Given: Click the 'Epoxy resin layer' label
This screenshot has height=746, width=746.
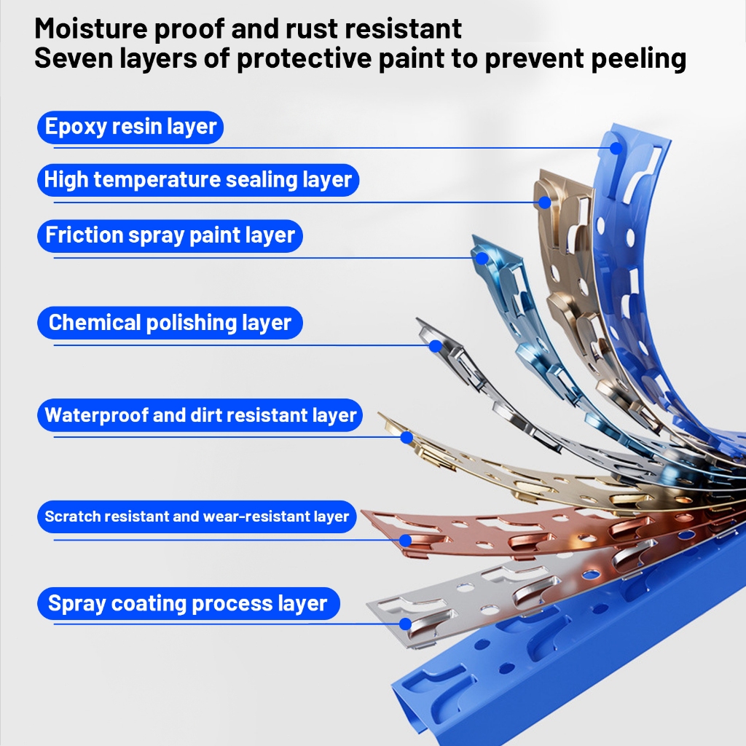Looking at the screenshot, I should (130, 127).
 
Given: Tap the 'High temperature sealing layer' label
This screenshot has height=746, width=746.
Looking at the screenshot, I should (198, 179).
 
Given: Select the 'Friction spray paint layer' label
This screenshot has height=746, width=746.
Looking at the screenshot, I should (170, 235).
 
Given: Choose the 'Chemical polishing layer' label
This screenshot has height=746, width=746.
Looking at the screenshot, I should (170, 323).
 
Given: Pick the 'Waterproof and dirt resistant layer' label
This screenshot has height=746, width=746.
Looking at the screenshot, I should (200, 415).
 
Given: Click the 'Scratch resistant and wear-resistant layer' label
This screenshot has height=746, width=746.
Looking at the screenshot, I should (197, 517).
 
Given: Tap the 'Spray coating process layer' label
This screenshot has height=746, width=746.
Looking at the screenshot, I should (188, 604).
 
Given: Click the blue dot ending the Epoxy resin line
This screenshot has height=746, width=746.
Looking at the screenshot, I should (616, 148).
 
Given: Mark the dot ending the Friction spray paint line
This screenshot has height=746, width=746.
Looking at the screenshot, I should (482, 257).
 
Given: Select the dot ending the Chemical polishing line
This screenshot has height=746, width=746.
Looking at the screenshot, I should (435, 345).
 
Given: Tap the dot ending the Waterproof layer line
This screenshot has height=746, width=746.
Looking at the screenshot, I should (407, 437).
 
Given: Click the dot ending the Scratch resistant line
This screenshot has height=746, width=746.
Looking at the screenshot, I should (405, 540).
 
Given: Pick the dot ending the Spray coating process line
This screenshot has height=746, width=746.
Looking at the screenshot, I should (405, 624).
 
